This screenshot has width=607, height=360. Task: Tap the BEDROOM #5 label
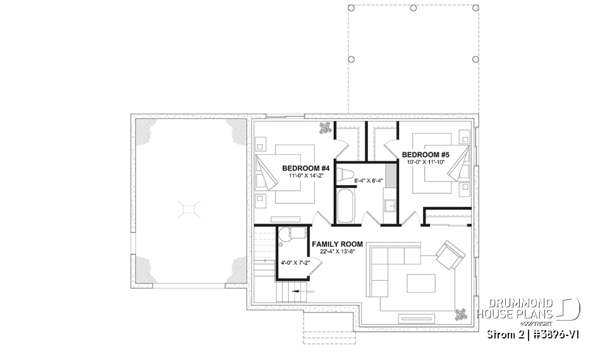tap(426, 154)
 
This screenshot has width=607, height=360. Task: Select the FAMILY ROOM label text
tap(337, 244)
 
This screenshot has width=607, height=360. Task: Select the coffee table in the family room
tap(420, 282)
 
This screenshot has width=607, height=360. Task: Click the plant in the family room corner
tap(461, 313)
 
